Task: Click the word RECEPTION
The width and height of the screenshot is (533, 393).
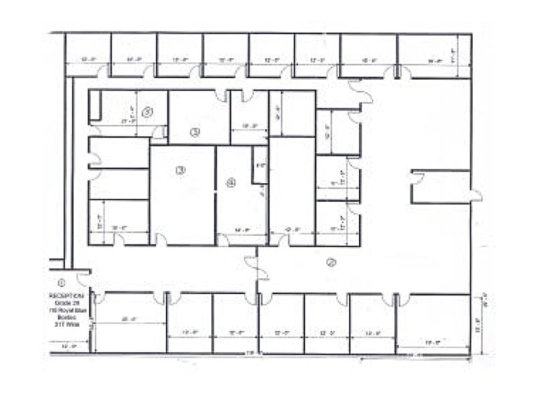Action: [66, 295]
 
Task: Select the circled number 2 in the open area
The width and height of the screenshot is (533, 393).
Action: [330, 262]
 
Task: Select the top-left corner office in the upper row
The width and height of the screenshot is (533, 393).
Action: [88, 55]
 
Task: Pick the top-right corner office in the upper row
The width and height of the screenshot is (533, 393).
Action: [435, 55]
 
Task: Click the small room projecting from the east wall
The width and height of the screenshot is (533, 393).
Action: [441, 187]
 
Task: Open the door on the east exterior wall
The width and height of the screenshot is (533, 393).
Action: [476, 196]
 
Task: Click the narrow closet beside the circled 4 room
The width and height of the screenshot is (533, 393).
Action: [259, 164]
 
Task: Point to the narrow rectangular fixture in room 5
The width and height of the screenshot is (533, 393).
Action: [95, 106]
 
